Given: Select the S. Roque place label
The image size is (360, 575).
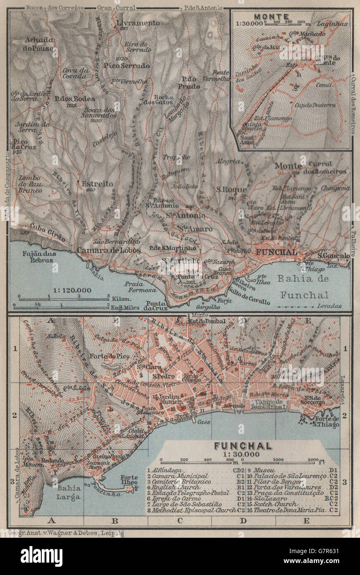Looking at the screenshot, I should coord(231,189).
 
